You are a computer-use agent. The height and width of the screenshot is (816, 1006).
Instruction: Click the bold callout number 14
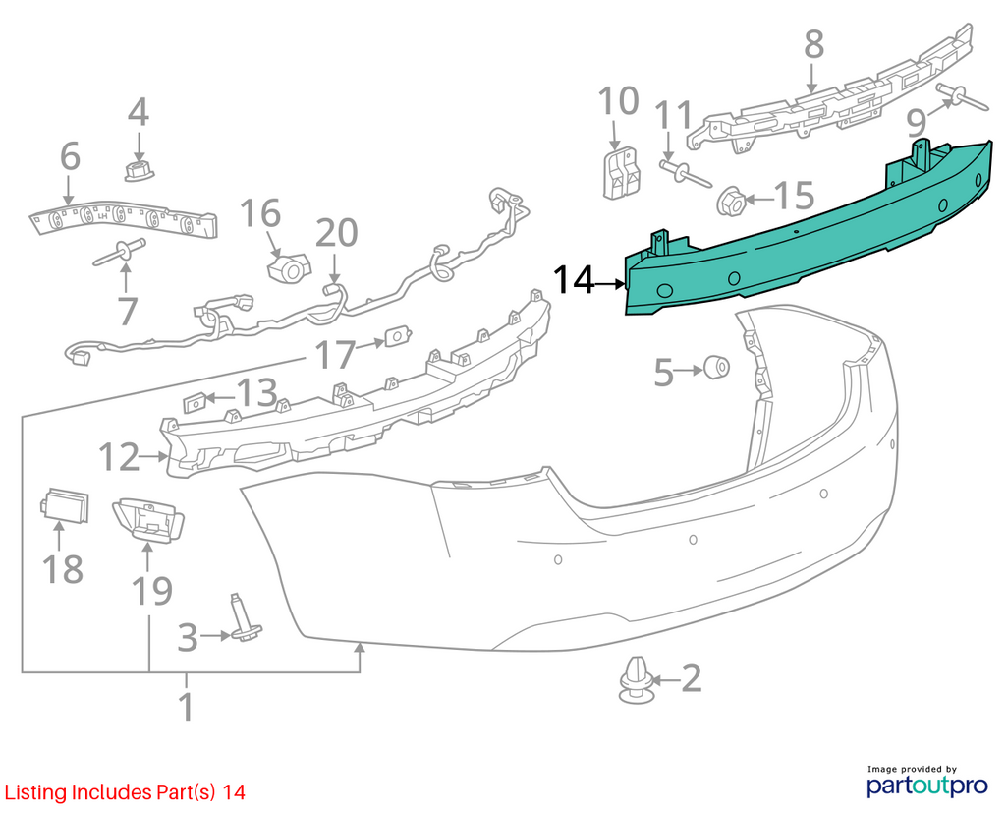coord(574,280)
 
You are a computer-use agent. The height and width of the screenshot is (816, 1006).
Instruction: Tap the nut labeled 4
coord(138,171)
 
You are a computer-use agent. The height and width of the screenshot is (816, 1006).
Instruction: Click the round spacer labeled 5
coord(716,367)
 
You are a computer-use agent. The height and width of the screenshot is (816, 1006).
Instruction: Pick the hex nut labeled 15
coord(730,201)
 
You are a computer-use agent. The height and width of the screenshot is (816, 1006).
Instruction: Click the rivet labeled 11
coord(685,173)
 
